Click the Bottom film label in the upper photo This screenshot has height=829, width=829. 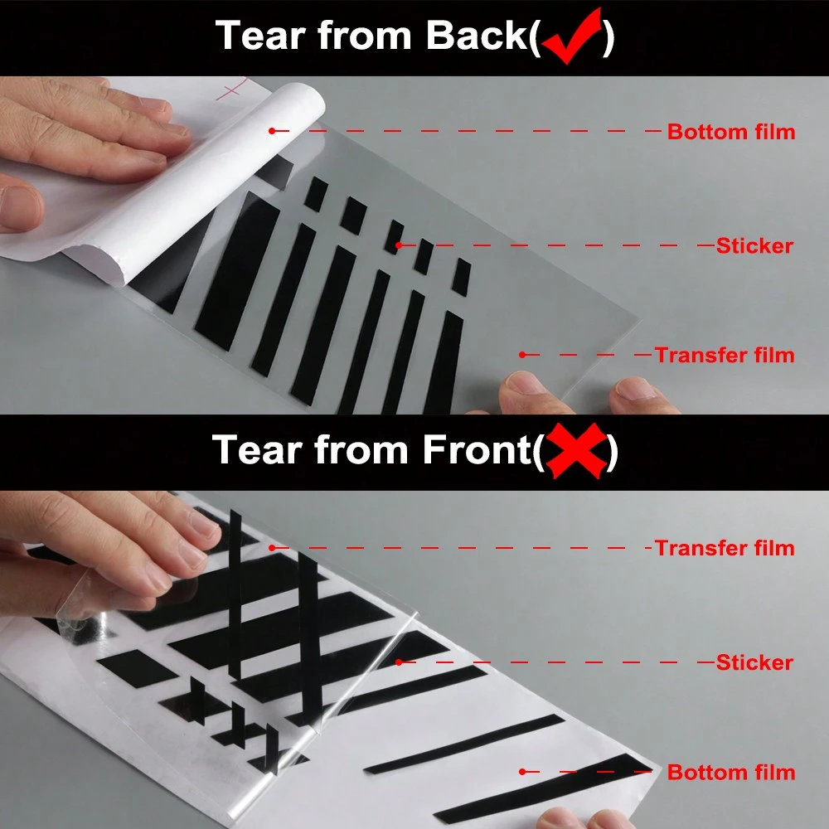pyautogui.click(x=730, y=132)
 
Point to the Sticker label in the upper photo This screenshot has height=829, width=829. pyautogui.click(x=754, y=246)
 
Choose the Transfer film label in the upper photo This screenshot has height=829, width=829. pyautogui.click(x=724, y=356)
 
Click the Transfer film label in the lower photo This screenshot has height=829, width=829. pyautogui.click(x=724, y=548)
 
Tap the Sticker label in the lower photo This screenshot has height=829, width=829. pyautogui.click(x=754, y=662)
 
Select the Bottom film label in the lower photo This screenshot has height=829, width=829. pyautogui.click(x=730, y=773)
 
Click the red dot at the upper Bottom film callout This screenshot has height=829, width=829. pyautogui.click(x=272, y=131)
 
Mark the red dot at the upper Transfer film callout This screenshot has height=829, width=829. pyautogui.click(x=522, y=355)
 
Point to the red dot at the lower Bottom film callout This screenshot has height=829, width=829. pyautogui.click(x=522, y=772)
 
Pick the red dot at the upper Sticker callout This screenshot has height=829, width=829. pyautogui.click(x=399, y=245)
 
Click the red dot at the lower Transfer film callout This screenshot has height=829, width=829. pyautogui.click(x=272, y=548)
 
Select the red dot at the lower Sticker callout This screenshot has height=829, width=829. pyautogui.click(x=399, y=662)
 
